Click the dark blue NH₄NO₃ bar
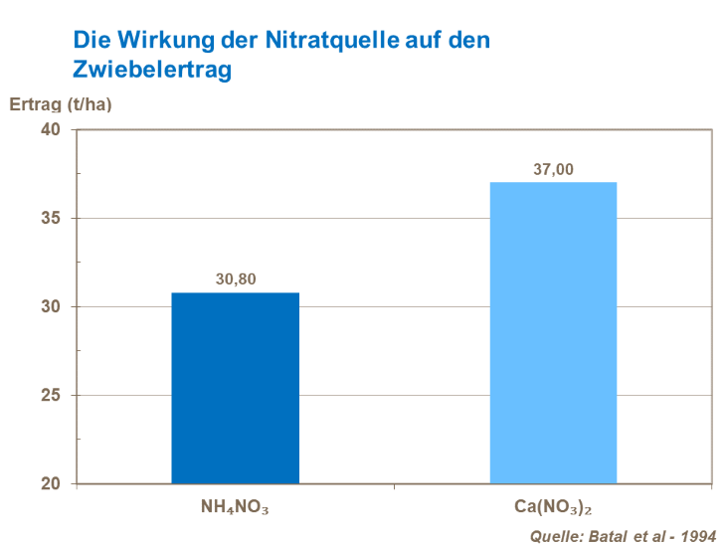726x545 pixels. point(236,388)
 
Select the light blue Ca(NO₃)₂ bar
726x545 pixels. point(553,333)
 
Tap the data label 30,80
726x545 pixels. point(236,279)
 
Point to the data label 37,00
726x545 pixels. point(553,169)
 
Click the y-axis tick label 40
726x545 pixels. point(51,130)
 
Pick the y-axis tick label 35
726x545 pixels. point(51,219)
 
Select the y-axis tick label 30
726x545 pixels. point(51,307)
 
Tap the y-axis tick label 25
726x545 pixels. point(51,396)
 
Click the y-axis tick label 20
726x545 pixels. point(51,484)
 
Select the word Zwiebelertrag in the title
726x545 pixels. point(151,70)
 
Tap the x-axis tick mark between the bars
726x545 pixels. point(395,487)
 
